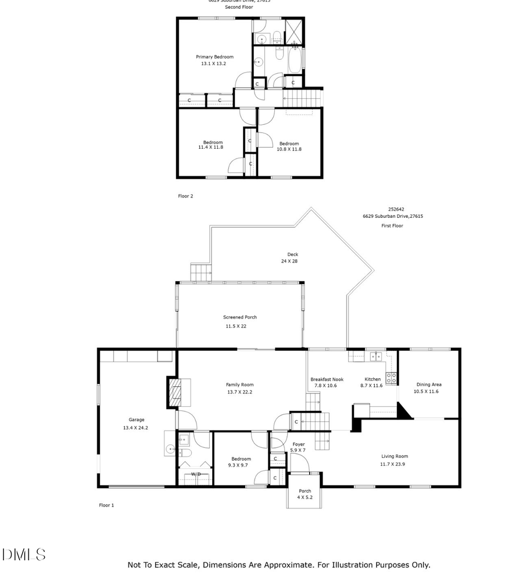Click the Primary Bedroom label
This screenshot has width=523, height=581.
214,57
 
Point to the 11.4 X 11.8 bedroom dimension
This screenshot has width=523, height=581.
210,148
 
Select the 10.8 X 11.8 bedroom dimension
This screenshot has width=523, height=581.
289,149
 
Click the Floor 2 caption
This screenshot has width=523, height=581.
185,196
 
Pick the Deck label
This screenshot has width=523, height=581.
292,254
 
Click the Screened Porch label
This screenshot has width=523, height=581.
239,317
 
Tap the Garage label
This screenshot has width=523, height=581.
137,419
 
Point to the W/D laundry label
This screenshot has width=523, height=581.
196,474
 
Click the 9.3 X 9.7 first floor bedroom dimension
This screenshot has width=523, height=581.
239,465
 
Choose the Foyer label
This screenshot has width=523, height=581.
298,444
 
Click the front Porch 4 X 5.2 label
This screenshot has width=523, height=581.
305,494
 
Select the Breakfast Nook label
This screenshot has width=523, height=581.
327,379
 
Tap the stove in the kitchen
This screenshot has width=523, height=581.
392,378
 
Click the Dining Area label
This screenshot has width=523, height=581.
429,385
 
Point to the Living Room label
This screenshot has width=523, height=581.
395,457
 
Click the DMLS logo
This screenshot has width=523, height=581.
24,555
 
